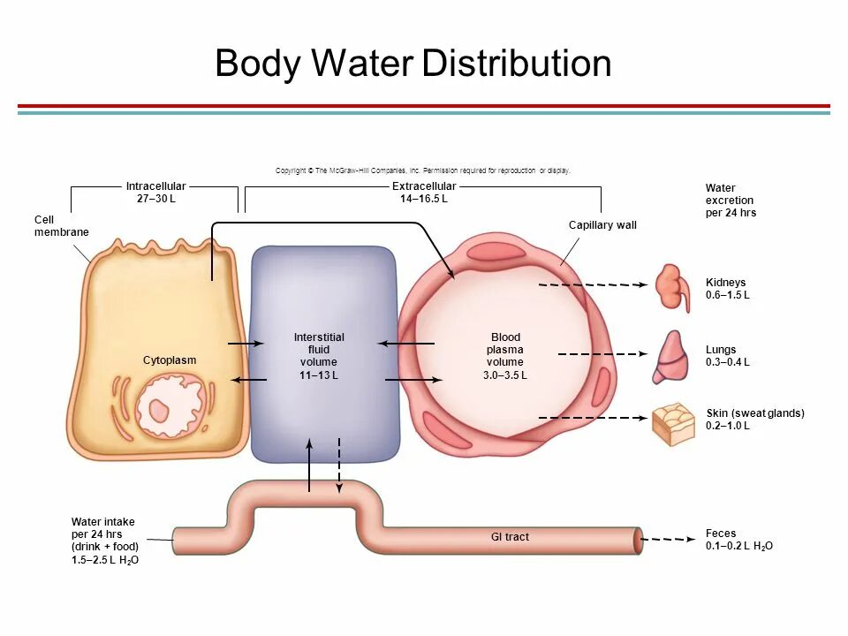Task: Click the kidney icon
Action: pyautogui.click(x=672, y=287)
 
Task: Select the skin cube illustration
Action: pyautogui.click(x=673, y=423)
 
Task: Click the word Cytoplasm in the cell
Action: pyautogui.click(x=170, y=360)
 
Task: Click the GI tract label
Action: pyautogui.click(x=510, y=537)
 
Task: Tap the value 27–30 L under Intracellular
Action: pyautogui.click(x=155, y=199)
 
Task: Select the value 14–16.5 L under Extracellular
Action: pyautogui.click(x=424, y=199)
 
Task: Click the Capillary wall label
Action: pyautogui.click(x=602, y=225)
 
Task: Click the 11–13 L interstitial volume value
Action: pyautogui.click(x=319, y=375)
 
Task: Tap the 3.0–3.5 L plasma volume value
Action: pyautogui.click(x=505, y=375)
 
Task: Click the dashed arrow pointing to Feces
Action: pyautogui.click(x=667, y=539)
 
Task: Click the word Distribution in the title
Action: pyautogui.click(x=517, y=64)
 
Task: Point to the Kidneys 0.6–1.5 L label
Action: pyautogui.click(x=727, y=289)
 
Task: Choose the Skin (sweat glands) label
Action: pyautogui.click(x=755, y=413)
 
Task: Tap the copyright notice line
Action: pyautogui.click(x=423, y=170)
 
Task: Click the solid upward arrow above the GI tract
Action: pyautogui.click(x=309, y=464)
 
